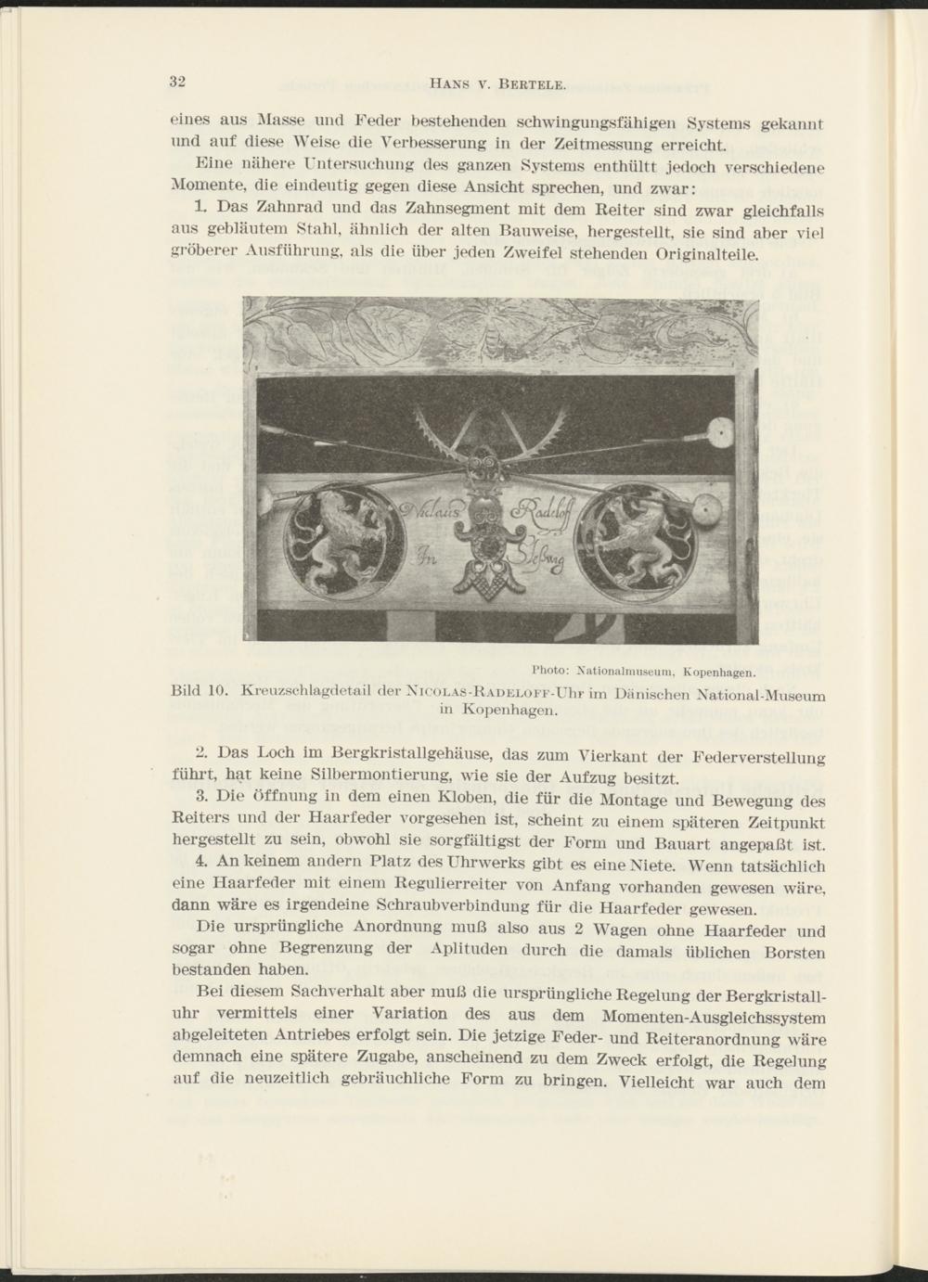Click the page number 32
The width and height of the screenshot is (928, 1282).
pyautogui.click(x=178, y=81)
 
